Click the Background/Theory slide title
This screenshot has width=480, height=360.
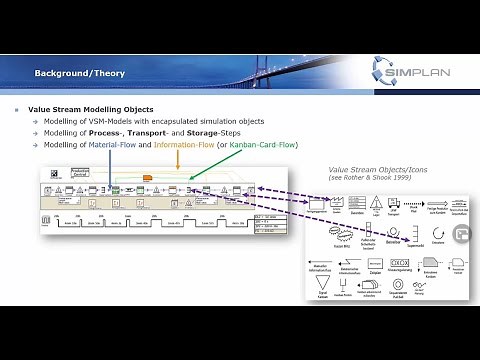(77, 73)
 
